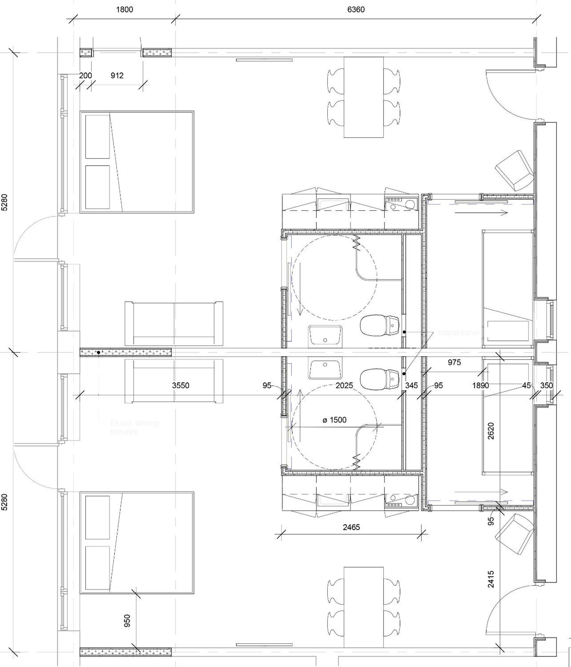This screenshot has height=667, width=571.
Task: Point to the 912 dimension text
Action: [117, 75]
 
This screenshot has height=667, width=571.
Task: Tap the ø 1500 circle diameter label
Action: [334, 420]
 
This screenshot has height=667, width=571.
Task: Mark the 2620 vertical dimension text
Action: [490, 431]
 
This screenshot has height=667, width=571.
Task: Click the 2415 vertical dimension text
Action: [490, 580]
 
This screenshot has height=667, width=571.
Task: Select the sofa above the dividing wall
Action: [174, 323]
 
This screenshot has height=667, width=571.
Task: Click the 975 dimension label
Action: [454, 363]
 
